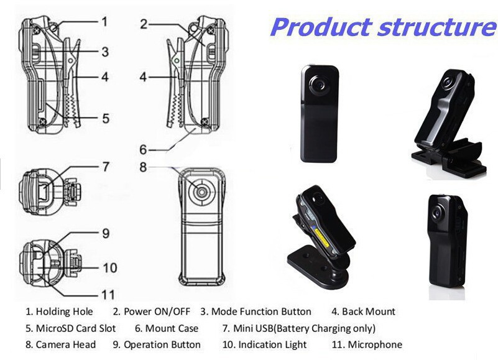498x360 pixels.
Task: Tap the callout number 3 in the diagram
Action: (105, 52)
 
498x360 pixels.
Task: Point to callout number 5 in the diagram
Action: (106, 117)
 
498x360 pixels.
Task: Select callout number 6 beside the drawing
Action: (143, 149)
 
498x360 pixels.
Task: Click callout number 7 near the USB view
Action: (106, 167)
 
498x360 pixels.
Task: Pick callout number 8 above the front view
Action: (143, 167)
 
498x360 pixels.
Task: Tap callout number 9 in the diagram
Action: (106, 234)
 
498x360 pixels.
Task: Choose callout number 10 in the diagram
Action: (109, 268)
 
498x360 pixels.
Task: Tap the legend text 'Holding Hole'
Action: (64, 312)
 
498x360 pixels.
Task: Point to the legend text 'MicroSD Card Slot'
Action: (70, 328)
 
